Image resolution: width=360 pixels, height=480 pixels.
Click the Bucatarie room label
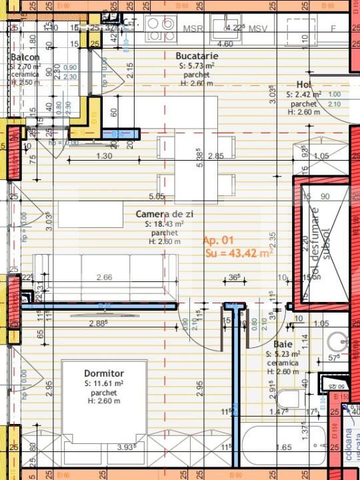tap(195, 56)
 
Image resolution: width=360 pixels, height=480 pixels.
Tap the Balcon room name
tap(25, 58)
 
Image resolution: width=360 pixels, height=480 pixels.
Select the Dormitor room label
tap(104, 373)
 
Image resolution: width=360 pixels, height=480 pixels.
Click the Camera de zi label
tap(164, 214)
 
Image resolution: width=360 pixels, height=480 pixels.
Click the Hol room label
tap(304, 85)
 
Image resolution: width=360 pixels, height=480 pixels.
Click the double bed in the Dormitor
tap(104, 400)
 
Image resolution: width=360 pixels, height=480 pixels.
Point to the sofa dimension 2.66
tap(104, 277)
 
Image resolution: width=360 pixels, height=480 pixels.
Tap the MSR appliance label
tap(193, 29)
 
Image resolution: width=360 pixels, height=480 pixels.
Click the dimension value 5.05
tap(157, 197)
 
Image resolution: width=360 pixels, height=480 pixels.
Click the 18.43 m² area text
tap(164, 225)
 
